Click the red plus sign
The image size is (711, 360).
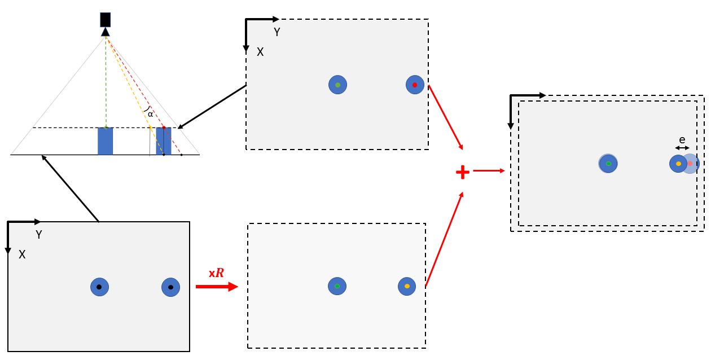pos(463,172)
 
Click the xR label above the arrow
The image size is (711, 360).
pos(216,273)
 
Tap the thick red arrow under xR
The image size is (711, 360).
pos(217,287)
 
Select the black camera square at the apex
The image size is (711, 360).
pos(106,20)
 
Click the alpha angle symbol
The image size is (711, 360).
pos(150,114)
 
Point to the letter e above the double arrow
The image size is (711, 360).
pos(682,140)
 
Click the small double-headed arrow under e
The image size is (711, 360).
pos(682,148)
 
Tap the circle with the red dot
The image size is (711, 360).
pos(415,85)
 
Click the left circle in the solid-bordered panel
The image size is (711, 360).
pos(99,287)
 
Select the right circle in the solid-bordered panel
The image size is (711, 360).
pos(170,287)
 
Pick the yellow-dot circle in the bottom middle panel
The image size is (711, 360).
pos(407,286)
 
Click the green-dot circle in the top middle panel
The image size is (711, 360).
pos(337,85)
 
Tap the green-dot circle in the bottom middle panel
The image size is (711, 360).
pos(337,286)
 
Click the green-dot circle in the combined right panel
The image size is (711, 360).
pos(608,164)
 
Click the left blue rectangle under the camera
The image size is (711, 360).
pos(106,141)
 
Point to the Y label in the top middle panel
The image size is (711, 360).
pos(276,32)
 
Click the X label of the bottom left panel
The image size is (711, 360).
pos(22,254)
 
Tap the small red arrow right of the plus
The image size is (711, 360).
pos(489,170)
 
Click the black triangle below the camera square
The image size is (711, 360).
pos(106,32)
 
